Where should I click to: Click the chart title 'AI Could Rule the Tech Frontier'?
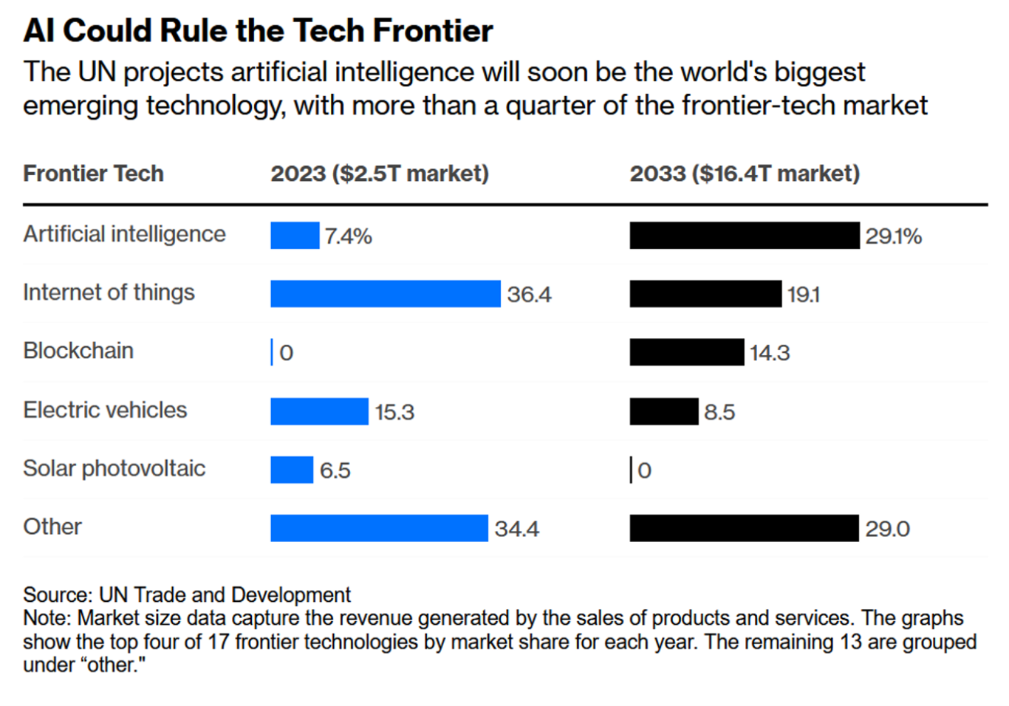[x=258, y=31]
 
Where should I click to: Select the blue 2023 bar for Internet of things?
[x=385, y=294]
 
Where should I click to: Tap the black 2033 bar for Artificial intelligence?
[x=744, y=236]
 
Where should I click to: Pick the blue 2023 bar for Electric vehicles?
[x=319, y=411]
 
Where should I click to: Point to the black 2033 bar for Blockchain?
[x=686, y=352]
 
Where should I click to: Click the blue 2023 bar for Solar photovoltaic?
[x=292, y=470]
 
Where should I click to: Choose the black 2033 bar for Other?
[x=744, y=528]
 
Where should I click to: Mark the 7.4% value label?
[x=348, y=236]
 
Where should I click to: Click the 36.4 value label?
[x=529, y=295]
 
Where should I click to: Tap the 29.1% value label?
[x=893, y=236]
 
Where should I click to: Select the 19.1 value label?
[x=803, y=295]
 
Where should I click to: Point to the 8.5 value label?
[x=719, y=412]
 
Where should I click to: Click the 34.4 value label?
[x=516, y=529]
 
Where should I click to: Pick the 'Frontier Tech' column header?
[x=93, y=174]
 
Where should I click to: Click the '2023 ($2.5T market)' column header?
[x=380, y=174]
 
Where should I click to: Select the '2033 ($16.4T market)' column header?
[x=745, y=174]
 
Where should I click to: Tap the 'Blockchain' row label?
[x=78, y=351]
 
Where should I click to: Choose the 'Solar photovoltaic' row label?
[x=114, y=468]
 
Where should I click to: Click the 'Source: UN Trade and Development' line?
[x=187, y=594]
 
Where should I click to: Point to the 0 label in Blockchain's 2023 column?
[x=287, y=353]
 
